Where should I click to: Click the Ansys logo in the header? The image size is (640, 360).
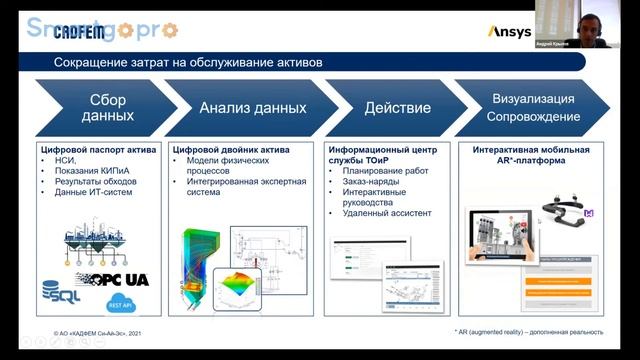tap(509, 32)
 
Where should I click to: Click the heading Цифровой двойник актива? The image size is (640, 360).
tap(231, 150)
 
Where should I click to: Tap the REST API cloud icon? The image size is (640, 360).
tap(117, 303)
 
